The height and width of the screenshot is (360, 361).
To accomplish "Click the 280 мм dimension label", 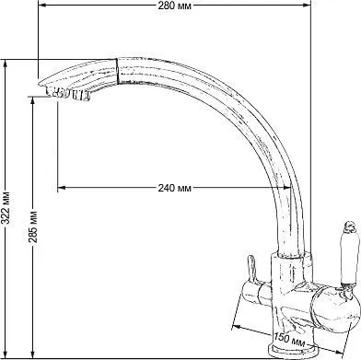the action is pos(174,6).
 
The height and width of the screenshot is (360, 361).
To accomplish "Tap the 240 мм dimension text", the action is pos(174,188).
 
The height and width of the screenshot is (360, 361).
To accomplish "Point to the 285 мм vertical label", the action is pos(33,226).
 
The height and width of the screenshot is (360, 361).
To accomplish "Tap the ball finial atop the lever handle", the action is pos(350,226).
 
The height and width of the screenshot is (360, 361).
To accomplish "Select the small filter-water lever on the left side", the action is pos(251,268).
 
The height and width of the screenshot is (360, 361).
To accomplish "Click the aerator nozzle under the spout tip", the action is pos(68,93).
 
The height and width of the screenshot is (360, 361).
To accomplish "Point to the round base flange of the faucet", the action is pos(292,352).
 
